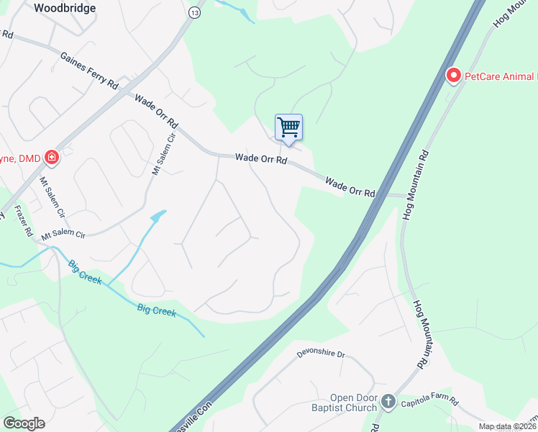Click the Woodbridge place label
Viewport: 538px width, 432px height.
pyautogui.click(x=65, y=6)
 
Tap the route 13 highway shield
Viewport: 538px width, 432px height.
pyautogui.click(x=195, y=13)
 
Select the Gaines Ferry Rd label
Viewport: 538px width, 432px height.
pyautogui.click(x=89, y=70)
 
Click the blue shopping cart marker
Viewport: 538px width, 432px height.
pyautogui.click(x=288, y=127)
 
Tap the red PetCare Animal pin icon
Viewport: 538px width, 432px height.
pyautogui.click(x=454, y=75)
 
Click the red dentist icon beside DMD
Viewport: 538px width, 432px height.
pyautogui.click(x=51, y=156)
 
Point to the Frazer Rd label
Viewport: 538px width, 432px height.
pyautogui.click(x=23, y=222)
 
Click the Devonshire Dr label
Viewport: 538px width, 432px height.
pyautogui.click(x=321, y=354)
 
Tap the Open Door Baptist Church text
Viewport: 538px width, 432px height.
pyautogui.click(x=353, y=402)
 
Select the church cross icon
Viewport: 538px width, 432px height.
pyautogui.click(x=388, y=402)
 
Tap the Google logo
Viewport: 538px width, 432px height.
pyautogui.click(x=24, y=423)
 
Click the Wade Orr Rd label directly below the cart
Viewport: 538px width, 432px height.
pyautogui.click(x=261, y=158)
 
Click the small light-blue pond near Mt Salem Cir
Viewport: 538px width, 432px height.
pyautogui.click(x=158, y=215)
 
